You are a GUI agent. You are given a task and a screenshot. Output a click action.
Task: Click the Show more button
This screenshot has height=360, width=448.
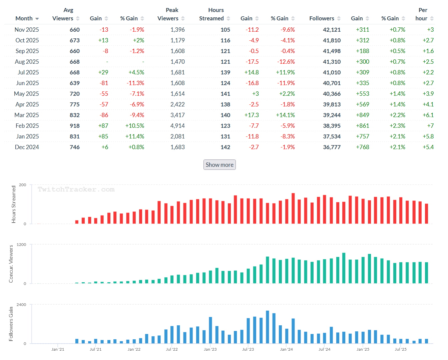click(x=219, y=165)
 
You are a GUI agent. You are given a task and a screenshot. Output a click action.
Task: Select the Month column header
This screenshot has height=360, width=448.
click(x=24, y=18)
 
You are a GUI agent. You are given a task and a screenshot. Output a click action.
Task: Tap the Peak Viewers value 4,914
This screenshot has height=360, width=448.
click(x=177, y=126)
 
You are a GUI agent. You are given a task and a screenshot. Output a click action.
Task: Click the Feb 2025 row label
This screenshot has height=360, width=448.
click(x=27, y=126)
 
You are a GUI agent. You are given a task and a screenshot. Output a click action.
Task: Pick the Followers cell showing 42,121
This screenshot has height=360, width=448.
click(x=332, y=30)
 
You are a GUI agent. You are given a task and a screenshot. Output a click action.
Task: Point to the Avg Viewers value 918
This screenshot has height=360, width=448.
click(x=74, y=126)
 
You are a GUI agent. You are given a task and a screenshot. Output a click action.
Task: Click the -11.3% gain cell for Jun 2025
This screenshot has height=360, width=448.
click(x=136, y=83)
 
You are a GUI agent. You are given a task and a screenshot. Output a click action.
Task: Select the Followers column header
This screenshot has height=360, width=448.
click(x=322, y=18)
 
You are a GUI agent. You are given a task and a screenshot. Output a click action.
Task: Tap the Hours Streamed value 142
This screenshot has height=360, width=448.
click(x=225, y=147)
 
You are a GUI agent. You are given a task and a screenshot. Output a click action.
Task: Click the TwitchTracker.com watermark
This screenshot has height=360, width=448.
click(x=76, y=190)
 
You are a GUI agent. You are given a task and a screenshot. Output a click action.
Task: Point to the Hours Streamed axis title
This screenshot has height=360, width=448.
click(x=14, y=204)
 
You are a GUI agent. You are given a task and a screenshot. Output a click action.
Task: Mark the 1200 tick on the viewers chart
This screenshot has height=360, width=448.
click(x=21, y=245)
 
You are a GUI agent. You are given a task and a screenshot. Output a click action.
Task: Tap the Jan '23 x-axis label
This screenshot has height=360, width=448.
click(x=210, y=349)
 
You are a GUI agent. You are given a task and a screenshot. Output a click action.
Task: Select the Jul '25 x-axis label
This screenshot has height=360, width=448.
click(x=401, y=349)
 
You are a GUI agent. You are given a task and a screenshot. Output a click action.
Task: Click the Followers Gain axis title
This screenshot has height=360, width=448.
click(x=11, y=324)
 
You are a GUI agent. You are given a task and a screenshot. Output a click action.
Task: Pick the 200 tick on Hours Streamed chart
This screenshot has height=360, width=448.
click(x=23, y=185)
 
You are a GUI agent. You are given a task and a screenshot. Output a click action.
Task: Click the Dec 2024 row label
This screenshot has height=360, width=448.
click(x=27, y=147)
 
